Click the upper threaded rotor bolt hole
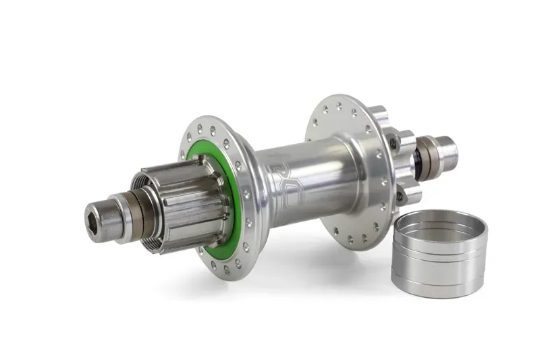click(393, 143)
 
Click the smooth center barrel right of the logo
click(324, 169)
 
